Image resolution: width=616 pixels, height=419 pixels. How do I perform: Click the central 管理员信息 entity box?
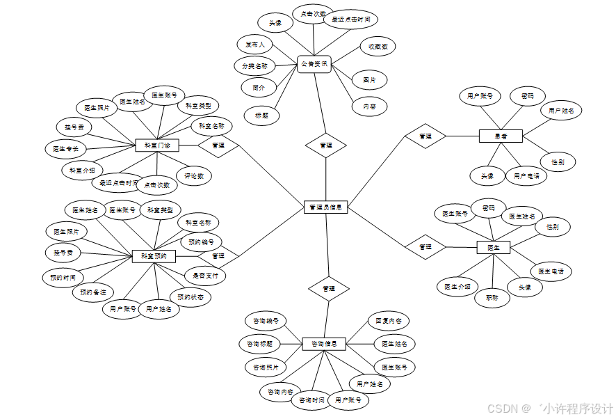tap(326, 207)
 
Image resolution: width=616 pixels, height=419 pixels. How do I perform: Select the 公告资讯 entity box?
tap(314, 64)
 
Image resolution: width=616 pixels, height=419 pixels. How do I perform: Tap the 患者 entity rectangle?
tap(501, 136)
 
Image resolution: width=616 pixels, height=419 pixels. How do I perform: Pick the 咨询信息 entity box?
tap(325, 344)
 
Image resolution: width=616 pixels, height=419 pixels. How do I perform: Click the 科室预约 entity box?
tap(154, 256)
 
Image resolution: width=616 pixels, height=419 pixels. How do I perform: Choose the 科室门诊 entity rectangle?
tap(156, 145)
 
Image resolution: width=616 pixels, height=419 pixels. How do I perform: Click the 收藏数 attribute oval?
tap(378, 47)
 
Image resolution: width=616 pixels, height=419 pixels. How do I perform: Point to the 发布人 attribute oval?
tap(254, 44)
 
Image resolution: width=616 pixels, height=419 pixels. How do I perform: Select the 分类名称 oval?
tap(254, 66)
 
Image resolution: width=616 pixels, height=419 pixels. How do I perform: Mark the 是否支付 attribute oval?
tap(205, 276)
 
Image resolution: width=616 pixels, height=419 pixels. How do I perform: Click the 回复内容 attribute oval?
tap(388, 322)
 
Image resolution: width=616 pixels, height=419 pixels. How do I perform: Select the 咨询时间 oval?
tap(312, 400)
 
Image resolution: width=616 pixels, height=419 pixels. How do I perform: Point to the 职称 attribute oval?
tap(492, 297)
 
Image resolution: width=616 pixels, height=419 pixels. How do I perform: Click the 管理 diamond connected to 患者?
tap(425, 136)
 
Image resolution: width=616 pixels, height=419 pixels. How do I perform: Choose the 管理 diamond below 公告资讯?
tap(325, 145)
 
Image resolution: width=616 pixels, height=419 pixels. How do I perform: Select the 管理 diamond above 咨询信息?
tap(329, 288)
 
